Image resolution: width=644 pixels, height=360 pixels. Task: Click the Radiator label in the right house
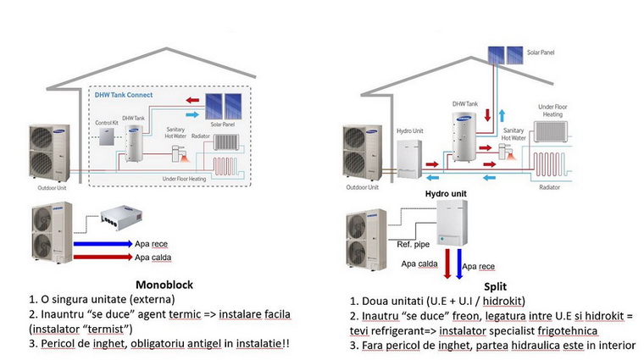click(x=551, y=186)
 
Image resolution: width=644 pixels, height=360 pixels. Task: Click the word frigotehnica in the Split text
click(x=564, y=330)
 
